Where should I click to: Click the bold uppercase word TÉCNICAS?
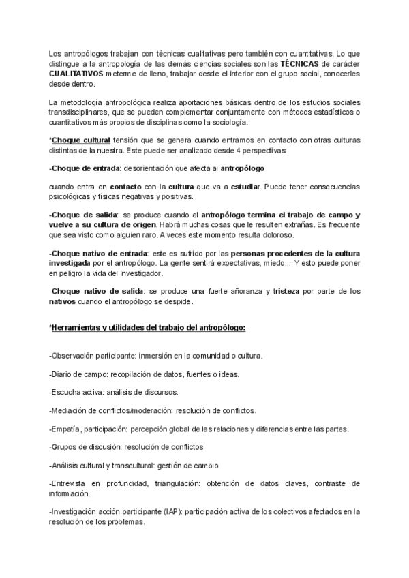click(x=299, y=63)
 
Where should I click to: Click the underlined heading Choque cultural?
click(x=81, y=140)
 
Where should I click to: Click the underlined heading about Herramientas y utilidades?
click(x=148, y=328)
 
